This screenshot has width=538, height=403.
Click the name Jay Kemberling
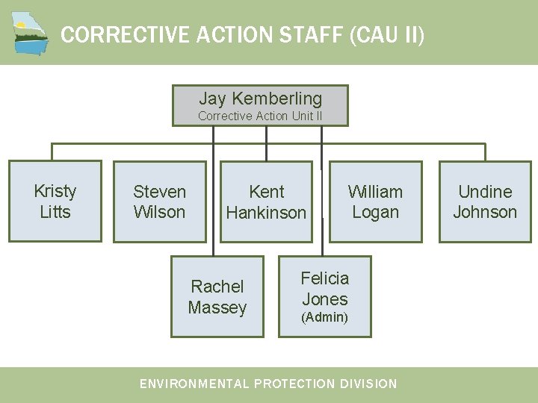[260, 99]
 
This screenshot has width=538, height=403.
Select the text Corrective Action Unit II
[260, 116]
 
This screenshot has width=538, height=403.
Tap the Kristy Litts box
[55, 201]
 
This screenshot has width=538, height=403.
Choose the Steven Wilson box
[159, 201]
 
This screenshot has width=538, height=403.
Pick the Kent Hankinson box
[266, 201]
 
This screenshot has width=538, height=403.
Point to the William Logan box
[375, 201]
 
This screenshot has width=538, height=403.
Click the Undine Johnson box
[485, 201]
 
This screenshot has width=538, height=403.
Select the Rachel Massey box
[217, 297]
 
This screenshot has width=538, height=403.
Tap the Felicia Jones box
[325, 297]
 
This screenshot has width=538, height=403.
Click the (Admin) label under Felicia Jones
[324, 317]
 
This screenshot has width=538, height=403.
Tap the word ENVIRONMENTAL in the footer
[194, 384]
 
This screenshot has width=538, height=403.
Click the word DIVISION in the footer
[368, 384]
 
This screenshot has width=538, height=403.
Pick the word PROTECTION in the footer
[294, 384]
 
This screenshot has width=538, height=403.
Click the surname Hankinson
[266, 213]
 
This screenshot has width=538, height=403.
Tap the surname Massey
[217, 307]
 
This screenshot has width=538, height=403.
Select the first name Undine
[485, 192]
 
